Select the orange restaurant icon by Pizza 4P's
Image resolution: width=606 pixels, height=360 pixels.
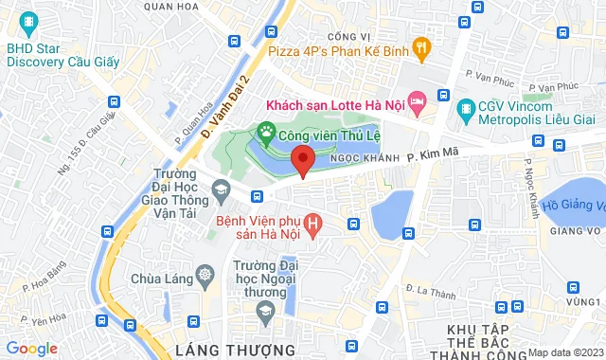pos(423,45)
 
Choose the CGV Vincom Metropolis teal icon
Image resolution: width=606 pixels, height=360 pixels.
pos(464,110)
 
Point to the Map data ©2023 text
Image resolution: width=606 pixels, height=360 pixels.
pos(564,352)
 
